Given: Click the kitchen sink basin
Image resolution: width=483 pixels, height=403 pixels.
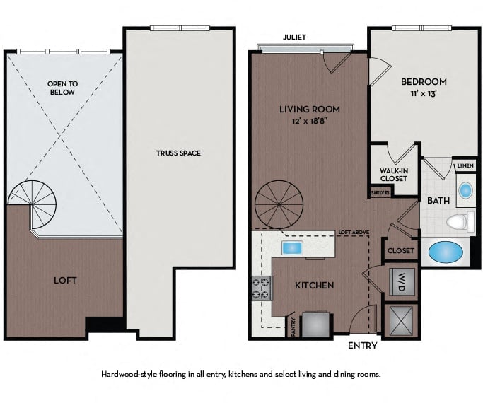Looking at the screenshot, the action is (x=292, y=247).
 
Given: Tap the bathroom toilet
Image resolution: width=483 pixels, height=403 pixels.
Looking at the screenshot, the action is (x=460, y=221).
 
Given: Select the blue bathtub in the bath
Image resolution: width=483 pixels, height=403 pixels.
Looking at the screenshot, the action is (x=446, y=252).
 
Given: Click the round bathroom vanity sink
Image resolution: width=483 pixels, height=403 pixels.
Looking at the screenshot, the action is (x=465, y=191).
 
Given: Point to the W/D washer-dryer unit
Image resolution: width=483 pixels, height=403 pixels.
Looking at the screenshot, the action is (x=401, y=282).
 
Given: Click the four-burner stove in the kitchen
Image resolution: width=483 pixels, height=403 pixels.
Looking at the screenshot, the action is (x=262, y=288).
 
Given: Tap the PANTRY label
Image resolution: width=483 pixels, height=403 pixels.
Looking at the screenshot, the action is (x=293, y=327).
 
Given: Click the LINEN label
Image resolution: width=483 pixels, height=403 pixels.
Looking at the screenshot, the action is (x=465, y=165).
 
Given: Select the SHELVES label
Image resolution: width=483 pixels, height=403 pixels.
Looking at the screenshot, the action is (x=380, y=193).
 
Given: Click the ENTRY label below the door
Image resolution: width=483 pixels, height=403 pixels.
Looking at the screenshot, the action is (x=363, y=346).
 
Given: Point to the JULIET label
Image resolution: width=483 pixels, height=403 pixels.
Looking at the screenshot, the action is (x=294, y=37).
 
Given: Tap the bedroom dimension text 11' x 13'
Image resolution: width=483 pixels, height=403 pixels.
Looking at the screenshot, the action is (x=424, y=93).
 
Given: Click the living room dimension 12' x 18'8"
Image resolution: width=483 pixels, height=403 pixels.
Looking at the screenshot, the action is (x=310, y=121).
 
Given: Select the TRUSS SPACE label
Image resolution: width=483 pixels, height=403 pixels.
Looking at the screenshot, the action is (x=178, y=153).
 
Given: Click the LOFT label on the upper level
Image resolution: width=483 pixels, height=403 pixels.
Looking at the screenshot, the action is (x=65, y=281).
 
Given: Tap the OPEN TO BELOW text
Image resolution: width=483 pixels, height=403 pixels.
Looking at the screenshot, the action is (x=62, y=88).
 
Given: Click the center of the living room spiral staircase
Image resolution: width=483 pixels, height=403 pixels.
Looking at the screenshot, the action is (x=279, y=204).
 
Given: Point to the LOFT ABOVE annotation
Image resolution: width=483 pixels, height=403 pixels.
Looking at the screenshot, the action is (x=354, y=233).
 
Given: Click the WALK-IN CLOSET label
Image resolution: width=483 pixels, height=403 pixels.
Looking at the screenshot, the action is (x=394, y=175).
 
